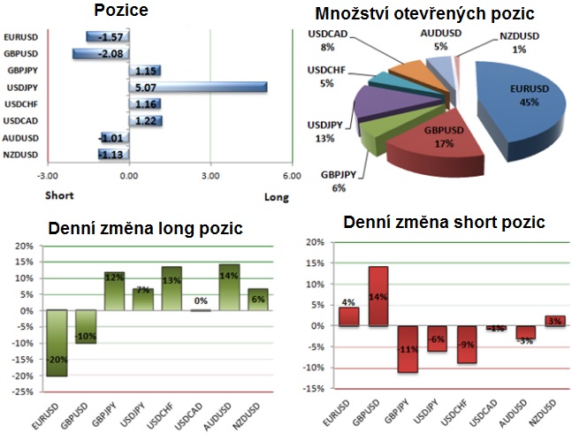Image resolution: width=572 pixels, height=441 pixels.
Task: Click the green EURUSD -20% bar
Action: tap(57, 343)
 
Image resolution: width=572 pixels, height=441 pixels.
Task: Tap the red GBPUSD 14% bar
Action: tap(378, 296)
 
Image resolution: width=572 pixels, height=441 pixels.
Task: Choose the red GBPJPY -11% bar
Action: tap(407, 349)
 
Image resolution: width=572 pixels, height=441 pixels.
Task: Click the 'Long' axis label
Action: tap(276, 198)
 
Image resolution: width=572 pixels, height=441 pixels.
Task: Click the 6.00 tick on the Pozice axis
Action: tap(291, 177)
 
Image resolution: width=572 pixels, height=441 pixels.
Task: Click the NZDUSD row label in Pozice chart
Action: tap(21, 155)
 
